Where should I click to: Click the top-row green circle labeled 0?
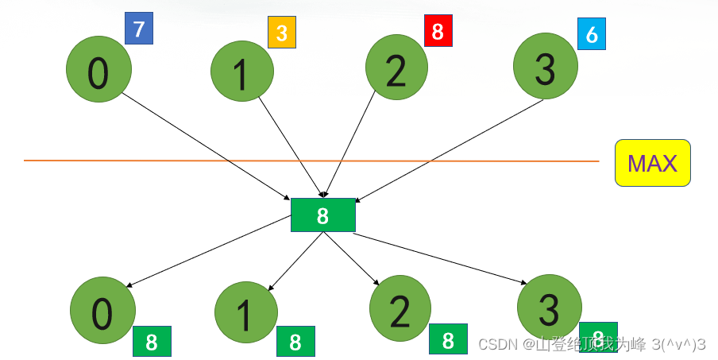(x=98, y=72)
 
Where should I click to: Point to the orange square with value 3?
(x=281, y=34)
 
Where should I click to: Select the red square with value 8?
(x=438, y=31)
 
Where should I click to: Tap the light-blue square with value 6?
(x=591, y=34)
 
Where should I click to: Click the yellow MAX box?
(x=652, y=163)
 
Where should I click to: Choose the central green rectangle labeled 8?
(x=322, y=215)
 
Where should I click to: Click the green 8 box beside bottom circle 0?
(x=152, y=342)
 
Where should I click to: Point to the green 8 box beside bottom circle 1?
(x=295, y=342)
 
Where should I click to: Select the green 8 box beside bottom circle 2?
(x=448, y=339)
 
